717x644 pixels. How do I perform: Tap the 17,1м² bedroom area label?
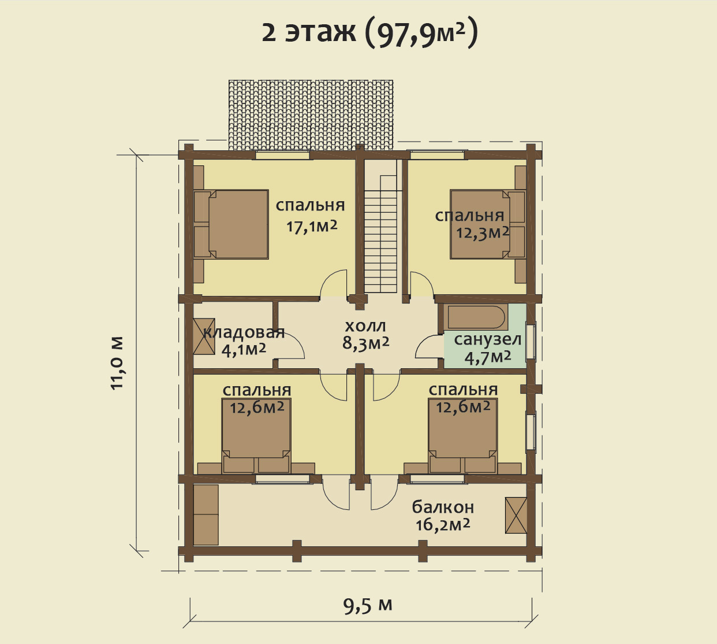click(311, 227)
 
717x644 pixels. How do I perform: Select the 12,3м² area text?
click(483, 232)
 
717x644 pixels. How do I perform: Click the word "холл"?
click(365, 325)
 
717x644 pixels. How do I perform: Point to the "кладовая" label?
click(244, 332)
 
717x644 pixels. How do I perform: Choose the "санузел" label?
click(488, 339)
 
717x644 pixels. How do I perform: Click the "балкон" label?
click(443, 507)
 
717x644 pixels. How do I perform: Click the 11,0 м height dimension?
click(117, 362)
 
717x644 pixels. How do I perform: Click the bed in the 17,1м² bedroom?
click(231, 224)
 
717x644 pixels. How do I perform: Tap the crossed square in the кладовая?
click(204, 336)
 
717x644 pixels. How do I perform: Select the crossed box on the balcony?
click(516, 515)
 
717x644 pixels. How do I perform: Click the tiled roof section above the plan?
click(311, 115)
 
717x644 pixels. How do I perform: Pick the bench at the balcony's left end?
click(206, 515)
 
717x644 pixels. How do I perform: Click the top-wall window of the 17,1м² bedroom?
click(282, 156)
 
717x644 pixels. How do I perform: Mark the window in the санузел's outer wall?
click(531, 341)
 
